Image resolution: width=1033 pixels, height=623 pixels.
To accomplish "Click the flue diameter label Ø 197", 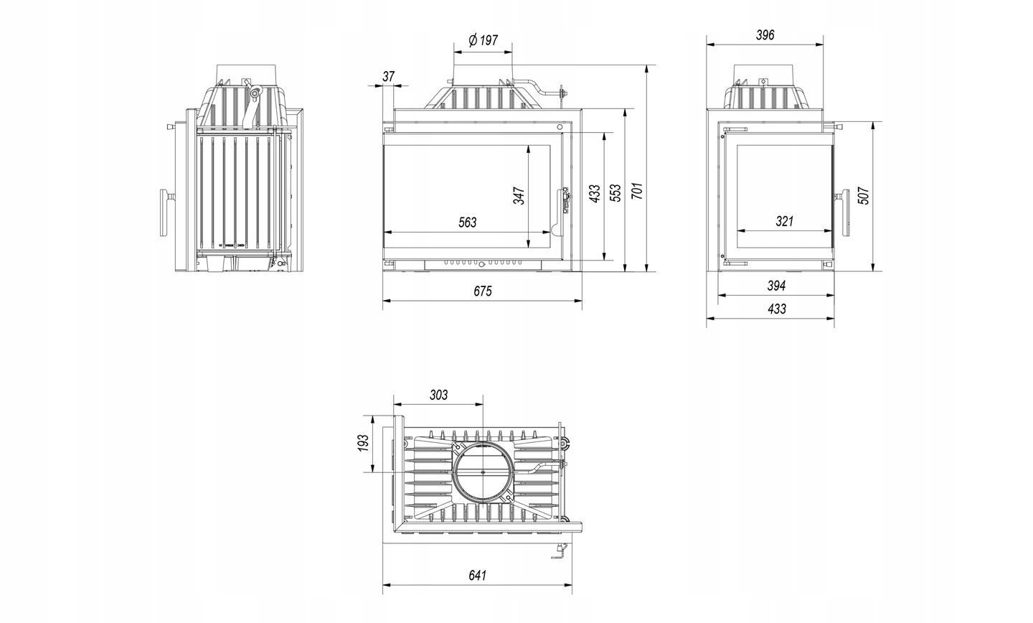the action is click(x=483, y=41).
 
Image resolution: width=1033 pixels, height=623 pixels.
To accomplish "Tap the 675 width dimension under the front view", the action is click(x=483, y=291).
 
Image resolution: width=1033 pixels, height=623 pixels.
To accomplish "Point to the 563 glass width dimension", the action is click(x=467, y=222).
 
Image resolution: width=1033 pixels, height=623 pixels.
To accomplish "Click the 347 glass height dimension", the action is click(x=519, y=196).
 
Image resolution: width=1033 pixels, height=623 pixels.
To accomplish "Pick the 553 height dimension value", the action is click(x=615, y=193).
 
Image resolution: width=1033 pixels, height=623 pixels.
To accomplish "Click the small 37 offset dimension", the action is click(x=389, y=76).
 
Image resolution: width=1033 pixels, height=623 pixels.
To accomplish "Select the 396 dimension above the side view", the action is click(x=765, y=35).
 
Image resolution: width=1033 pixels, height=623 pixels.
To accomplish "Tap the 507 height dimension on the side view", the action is click(x=864, y=196).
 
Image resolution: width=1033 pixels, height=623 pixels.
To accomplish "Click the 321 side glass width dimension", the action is click(x=785, y=222).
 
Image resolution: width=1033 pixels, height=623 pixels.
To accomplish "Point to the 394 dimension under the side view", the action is click(x=777, y=286).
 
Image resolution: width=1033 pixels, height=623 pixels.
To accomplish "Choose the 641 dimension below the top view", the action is click(x=478, y=576).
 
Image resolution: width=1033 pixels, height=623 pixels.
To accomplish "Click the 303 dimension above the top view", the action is click(x=438, y=395).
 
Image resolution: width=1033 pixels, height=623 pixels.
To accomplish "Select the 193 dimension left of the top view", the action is click(x=364, y=443).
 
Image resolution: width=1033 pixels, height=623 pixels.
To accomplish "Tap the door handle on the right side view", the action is click(x=845, y=212).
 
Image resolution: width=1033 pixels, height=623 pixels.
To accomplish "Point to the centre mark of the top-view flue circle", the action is click(x=482, y=472).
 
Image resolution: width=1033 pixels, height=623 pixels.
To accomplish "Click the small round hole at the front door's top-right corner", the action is click(x=560, y=127).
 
